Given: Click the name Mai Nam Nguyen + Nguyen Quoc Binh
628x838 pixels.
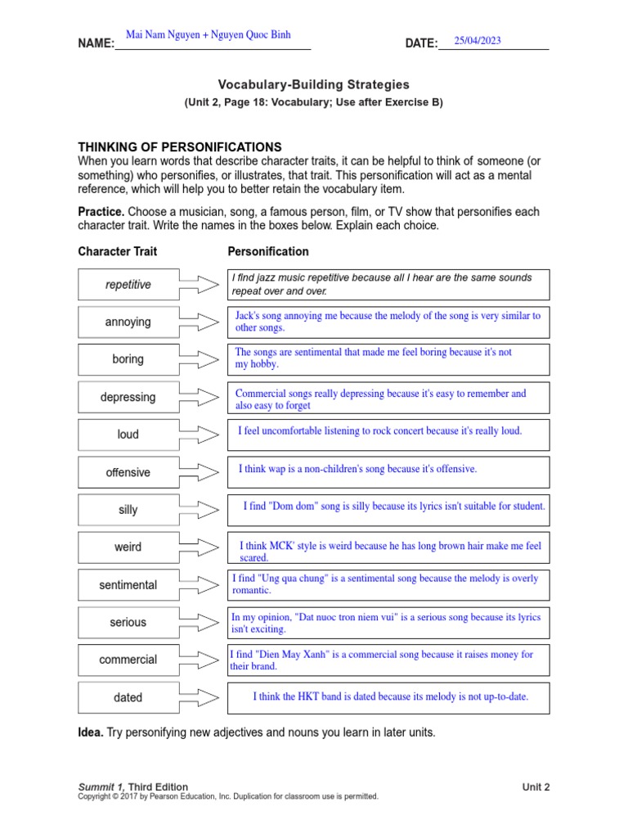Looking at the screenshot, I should [208, 35].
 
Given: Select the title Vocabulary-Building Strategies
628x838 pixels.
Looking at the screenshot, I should [313, 84].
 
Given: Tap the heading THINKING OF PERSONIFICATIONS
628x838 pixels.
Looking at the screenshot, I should [179, 146].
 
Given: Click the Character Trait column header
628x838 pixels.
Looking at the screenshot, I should [118, 251].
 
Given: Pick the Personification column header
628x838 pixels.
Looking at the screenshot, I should [268, 251].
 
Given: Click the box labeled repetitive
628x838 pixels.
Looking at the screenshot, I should [128, 285].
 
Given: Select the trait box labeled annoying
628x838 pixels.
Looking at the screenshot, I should [128, 322].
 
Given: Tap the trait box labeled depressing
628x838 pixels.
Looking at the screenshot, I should [128, 397].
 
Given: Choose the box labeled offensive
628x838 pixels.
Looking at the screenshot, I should [128, 472].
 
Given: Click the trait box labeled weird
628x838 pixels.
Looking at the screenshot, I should [128, 547].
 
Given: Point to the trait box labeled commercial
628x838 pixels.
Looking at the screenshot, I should [128, 660].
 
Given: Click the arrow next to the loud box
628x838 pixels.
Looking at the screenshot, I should [199, 435].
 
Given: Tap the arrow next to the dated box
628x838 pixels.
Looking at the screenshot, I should [199, 697].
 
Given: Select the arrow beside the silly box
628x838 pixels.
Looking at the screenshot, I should [199, 510].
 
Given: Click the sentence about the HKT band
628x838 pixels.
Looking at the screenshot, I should [390, 697].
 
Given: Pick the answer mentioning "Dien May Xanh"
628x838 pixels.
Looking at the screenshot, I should [381, 660].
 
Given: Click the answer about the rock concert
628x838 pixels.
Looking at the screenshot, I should [380, 430].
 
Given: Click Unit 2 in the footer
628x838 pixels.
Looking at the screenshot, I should [536, 787].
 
